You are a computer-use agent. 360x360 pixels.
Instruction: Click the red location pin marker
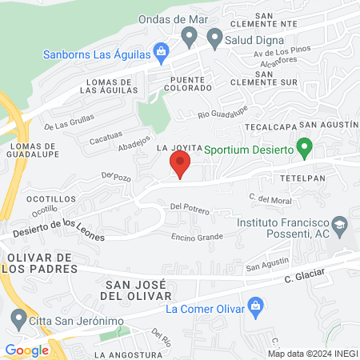tap(180, 166)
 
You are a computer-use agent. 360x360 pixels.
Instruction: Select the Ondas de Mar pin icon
tap(190, 35)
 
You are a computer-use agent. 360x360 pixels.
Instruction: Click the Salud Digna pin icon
tap(214, 37)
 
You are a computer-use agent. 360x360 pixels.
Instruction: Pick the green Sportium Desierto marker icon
tap(303, 148)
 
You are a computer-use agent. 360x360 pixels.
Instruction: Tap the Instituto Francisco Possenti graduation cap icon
tap(339, 226)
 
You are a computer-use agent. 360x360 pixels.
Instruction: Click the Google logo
tap(26, 350)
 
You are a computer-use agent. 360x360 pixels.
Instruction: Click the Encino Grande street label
tap(196, 237)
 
